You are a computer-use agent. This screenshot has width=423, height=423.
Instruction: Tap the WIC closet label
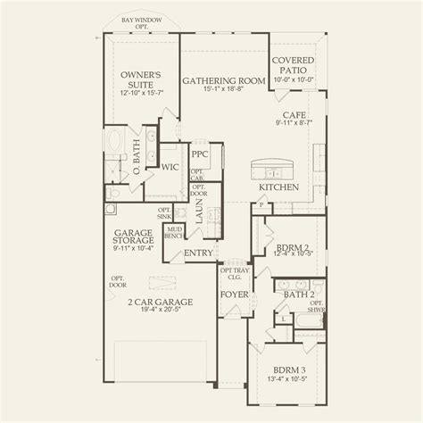point(169,166)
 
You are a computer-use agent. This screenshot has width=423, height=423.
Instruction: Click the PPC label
point(198,153)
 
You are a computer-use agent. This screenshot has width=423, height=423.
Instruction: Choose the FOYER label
point(233,293)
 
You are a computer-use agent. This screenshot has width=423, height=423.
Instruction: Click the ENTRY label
point(198,254)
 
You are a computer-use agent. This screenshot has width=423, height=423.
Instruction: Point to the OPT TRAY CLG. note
point(235,272)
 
